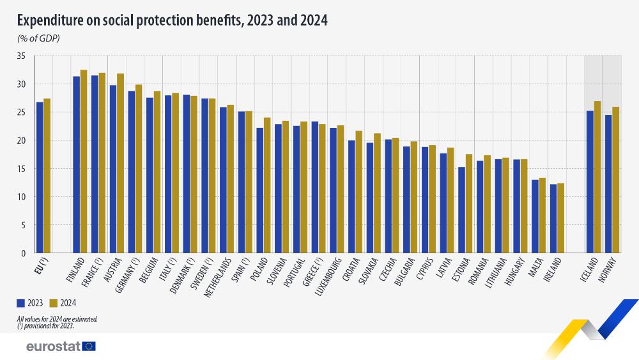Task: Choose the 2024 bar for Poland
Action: coord(267,185)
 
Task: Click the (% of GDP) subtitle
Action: coord(38,39)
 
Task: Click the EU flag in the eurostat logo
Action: coord(89,346)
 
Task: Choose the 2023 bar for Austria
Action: coord(113,169)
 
